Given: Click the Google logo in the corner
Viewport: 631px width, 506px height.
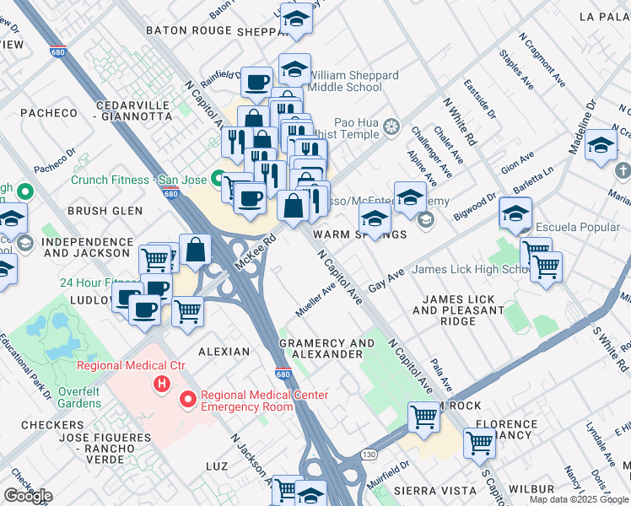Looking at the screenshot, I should click(28, 496).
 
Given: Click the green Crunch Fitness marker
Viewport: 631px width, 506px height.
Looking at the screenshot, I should click(217, 179).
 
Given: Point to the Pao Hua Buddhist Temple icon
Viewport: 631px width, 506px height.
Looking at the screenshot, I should click(391, 127).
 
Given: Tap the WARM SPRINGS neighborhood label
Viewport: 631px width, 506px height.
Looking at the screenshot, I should click(348, 234).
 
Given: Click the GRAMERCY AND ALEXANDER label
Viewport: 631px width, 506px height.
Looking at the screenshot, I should click(326, 348).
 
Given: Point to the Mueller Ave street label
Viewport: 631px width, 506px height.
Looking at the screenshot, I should click(316, 299).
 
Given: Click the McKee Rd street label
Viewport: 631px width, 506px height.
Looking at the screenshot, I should click(256, 252).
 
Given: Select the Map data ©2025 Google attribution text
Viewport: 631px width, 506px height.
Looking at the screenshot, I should click(579, 499).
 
